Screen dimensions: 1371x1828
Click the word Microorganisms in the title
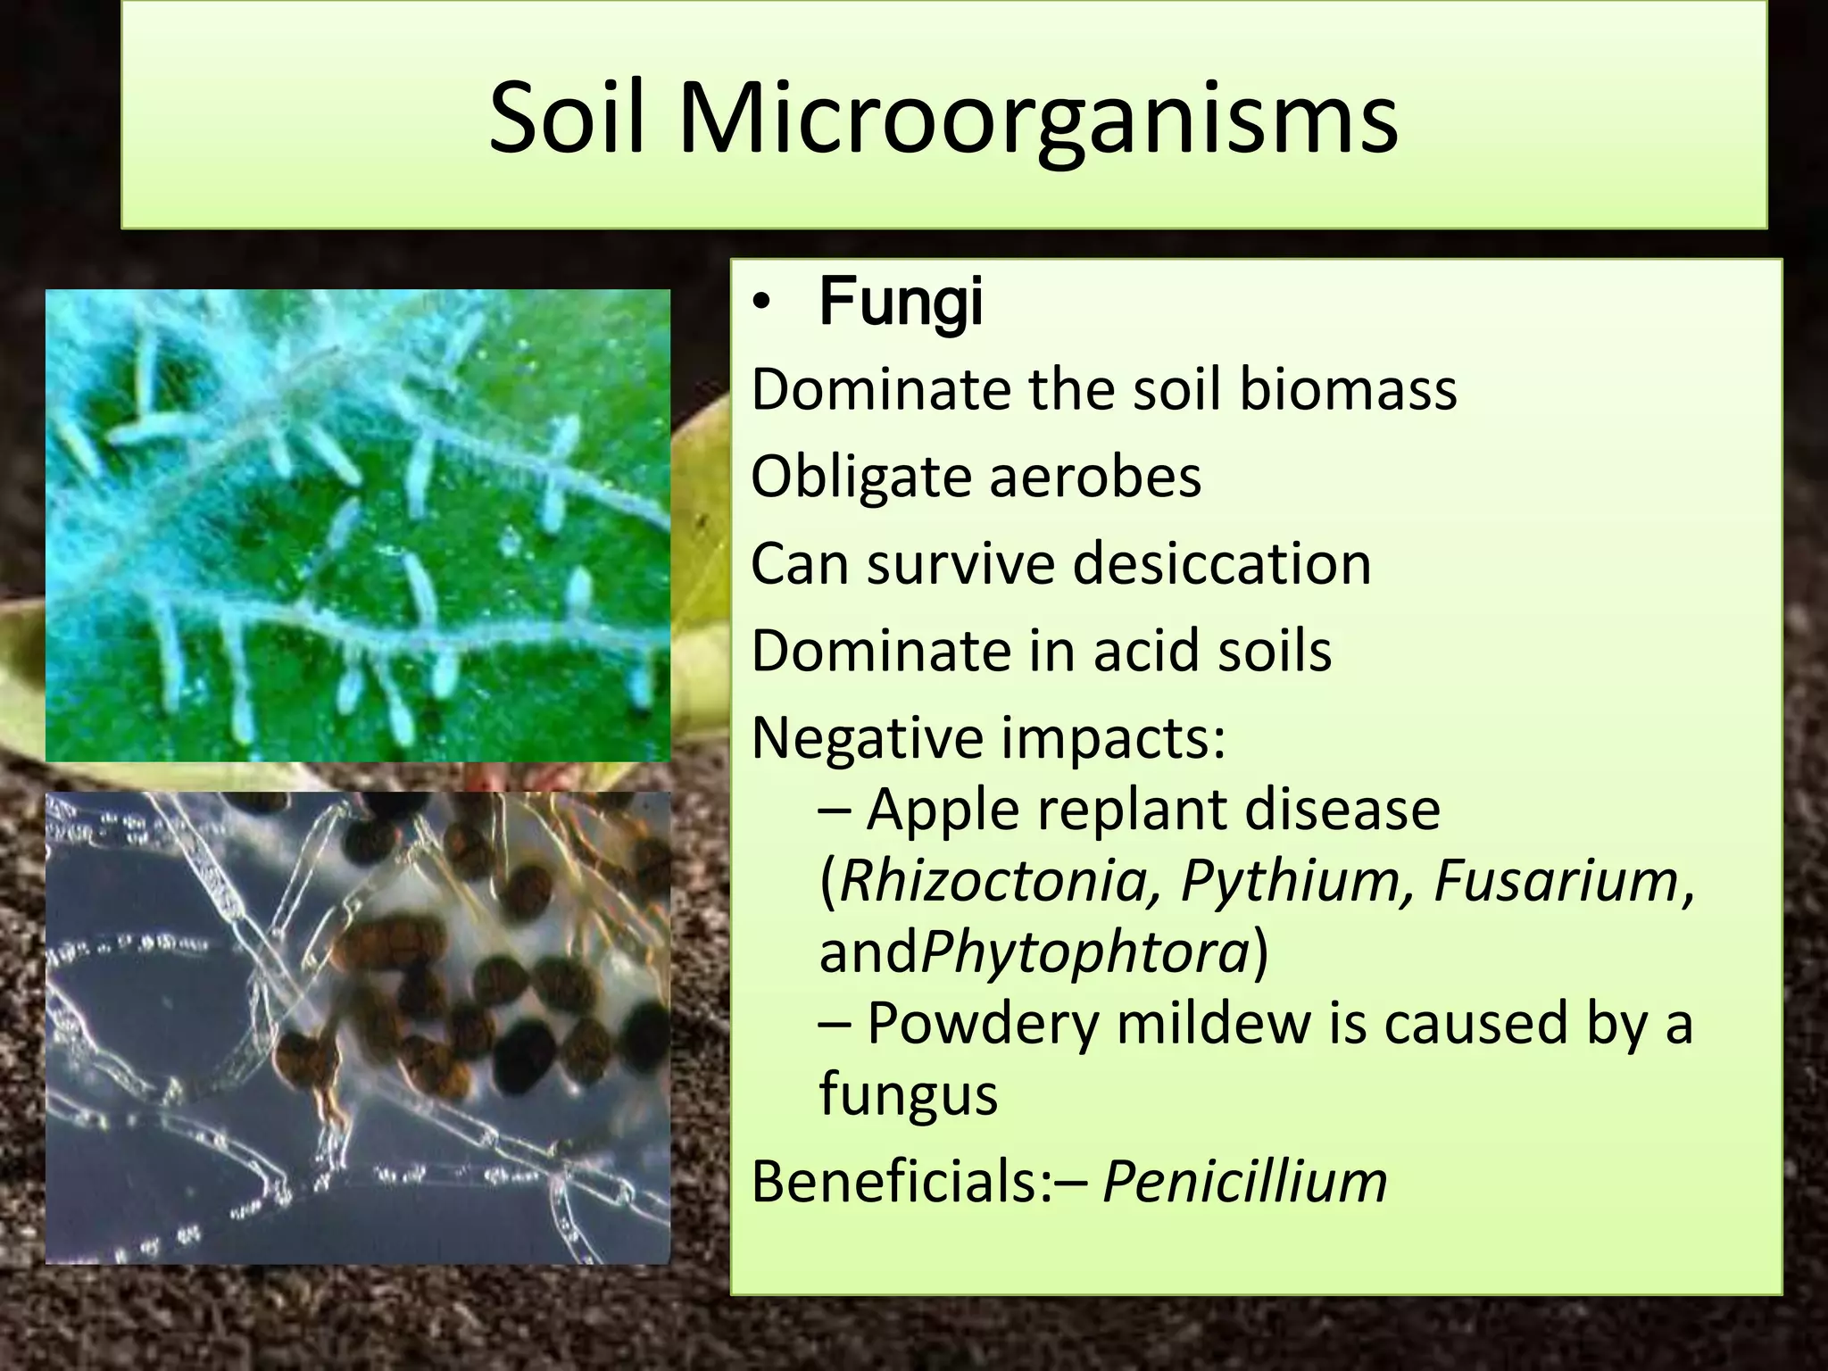point(1037,120)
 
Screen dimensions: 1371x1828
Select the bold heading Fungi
point(901,303)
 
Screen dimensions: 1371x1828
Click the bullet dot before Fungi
point(760,306)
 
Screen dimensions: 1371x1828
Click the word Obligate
point(860,477)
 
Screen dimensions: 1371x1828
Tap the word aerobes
point(1095,477)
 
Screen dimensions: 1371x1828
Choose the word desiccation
point(1222,564)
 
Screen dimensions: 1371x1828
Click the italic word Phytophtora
point(1085,951)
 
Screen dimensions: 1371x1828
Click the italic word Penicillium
point(1245,1182)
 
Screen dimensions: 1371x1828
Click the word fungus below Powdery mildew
point(908,1094)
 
